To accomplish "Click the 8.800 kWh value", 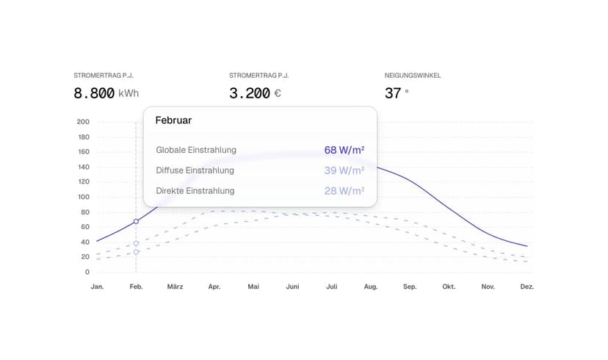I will [x=106, y=93].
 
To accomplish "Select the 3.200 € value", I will [x=255, y=93].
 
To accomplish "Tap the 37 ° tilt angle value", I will [x=397, y=93].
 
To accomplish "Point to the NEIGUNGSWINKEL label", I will [x=413, y=76].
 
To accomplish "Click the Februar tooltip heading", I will [x=173, y=120].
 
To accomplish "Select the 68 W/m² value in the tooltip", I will [x=344, y=150].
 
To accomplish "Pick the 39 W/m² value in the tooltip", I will [x=344, y=170].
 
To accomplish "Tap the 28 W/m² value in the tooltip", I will [x=344, y=191].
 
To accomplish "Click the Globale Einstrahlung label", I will [x=196, y=150].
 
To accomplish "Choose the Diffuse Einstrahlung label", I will [x=195, y=170].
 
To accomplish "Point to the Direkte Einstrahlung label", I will [x=195, y=191].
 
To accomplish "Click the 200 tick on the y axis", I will [x=83, y=122].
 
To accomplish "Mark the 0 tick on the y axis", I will [x=87, y=272].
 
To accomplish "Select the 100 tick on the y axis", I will [x=83, y=197].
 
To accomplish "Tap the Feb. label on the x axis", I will [x=136, y=287].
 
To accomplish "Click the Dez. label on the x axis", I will [x=526, y=287].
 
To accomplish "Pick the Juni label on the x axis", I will [x=292, y=287].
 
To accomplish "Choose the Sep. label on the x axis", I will [x=410, y=287].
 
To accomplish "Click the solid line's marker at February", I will [x=136, y=221].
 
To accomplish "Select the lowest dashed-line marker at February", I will [x=136, y=252].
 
